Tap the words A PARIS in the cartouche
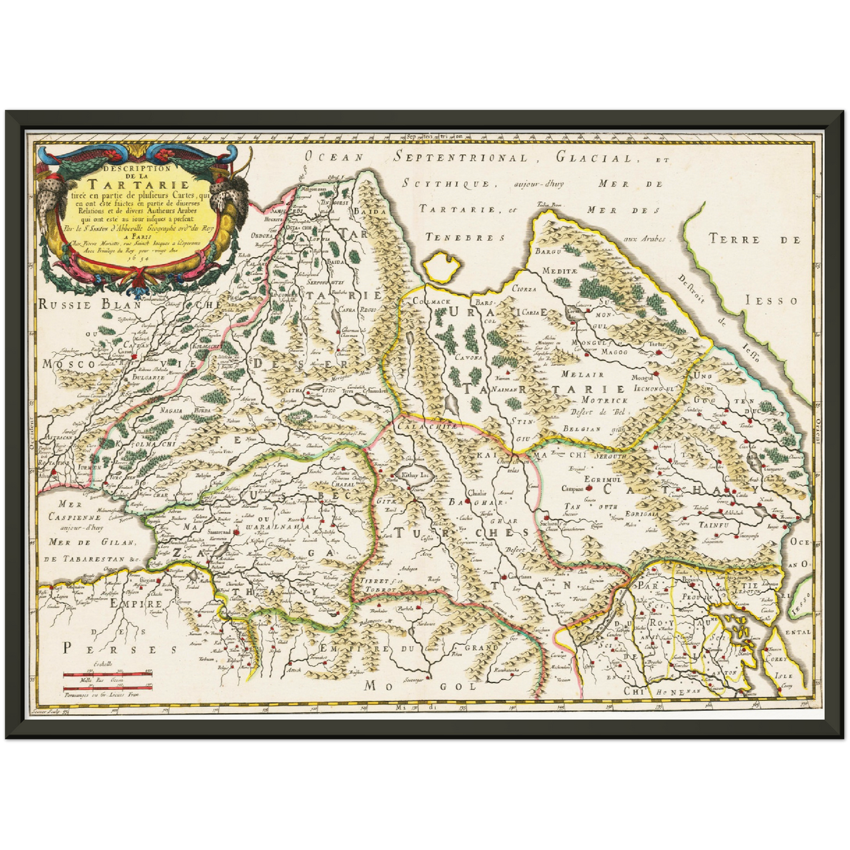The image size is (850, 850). point(141,231)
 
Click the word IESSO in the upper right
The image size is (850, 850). point(780,301)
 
